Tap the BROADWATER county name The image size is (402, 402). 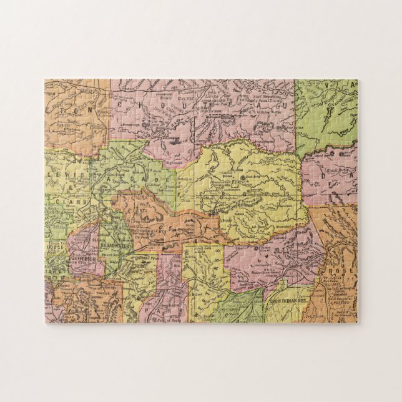[129, 246]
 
